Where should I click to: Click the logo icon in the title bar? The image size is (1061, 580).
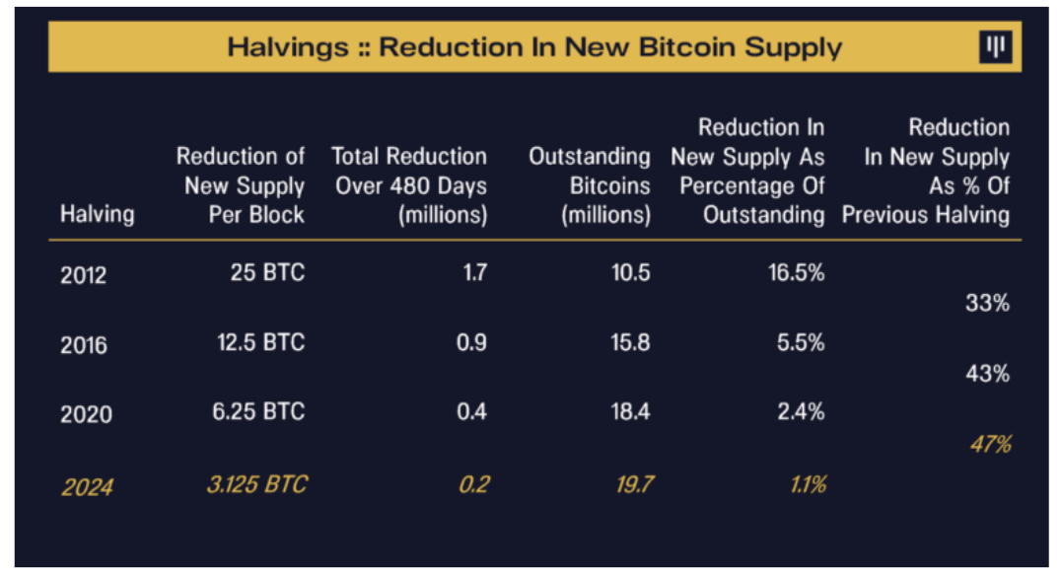click(995, 47)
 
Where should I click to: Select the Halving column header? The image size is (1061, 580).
click(98, 214)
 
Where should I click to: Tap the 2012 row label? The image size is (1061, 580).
click(84, 275)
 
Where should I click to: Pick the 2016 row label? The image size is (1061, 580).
click(84, 345)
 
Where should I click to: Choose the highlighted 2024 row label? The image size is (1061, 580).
click(86, 486)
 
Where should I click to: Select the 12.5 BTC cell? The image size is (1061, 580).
click(260, 342)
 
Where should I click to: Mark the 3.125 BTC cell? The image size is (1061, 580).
click(256, 483)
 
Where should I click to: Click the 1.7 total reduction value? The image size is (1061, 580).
click(474, 272)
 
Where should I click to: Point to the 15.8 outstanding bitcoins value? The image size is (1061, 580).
click(630, 342)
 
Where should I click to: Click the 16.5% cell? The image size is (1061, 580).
click(796, 272)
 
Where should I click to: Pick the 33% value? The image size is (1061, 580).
click(987, 304)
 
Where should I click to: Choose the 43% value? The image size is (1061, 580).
click(987, 374)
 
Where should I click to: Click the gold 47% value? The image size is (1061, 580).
click(989, 444)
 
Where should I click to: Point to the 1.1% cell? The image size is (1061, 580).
click(805, 483)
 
